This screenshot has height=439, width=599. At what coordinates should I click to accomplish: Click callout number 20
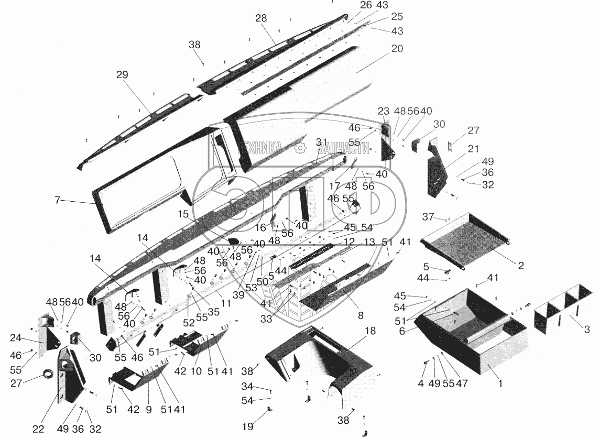(x=397, y=49)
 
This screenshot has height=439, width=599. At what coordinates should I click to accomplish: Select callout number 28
(x=261, y=18)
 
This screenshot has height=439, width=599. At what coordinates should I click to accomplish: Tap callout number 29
(x=122, y=75)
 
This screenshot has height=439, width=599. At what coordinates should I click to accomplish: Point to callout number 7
(x=58, y=200)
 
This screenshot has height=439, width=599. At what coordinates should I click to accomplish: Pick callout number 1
(x=500, y=383)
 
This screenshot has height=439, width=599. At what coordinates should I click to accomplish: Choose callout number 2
(x=521, y=266)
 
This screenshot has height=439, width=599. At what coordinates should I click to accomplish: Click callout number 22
(x=38, y=429)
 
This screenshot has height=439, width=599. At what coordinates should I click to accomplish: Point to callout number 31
(x=321, y=142)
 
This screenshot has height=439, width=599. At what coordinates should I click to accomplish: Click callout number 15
(x=183, y=214)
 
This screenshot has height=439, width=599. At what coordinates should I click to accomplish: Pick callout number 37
(x=428, y=217)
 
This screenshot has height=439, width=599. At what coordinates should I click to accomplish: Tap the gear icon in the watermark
(x=300, y=148)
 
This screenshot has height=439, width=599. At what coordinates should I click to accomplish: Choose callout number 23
(x=384, y=111)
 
